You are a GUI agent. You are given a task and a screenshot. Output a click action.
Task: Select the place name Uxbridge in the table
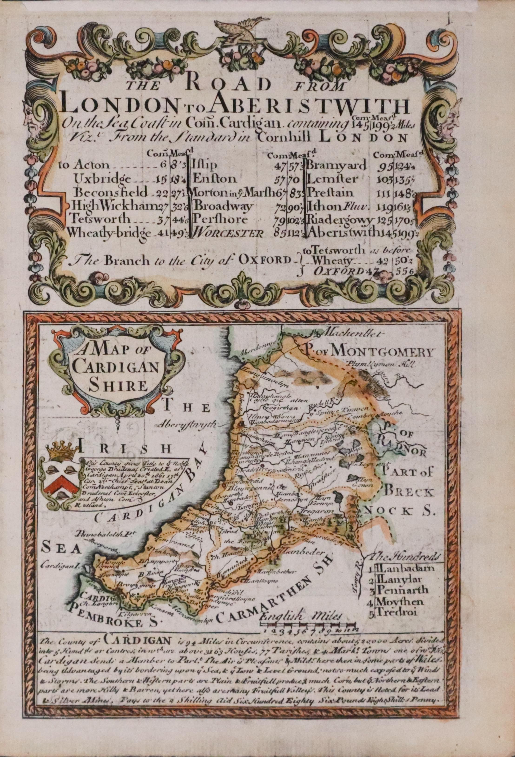(103, 179)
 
